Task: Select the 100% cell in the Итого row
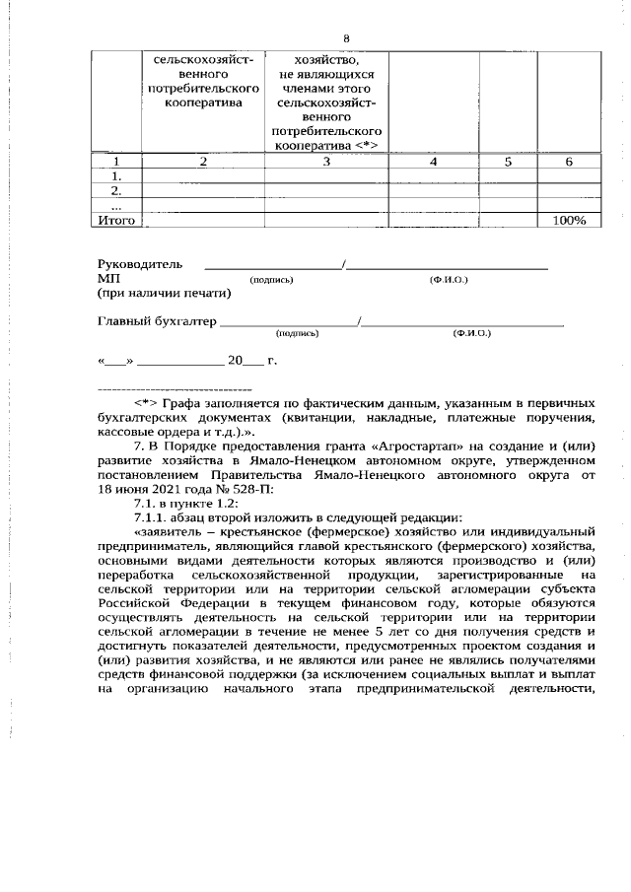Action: pos(569,221)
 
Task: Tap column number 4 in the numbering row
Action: pos(433,162)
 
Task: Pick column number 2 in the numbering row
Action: pos(203,162)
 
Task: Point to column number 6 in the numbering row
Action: pos(569,162)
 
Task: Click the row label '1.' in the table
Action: pos(116,176)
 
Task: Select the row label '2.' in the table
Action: pos(116,191)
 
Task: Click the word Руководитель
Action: pos(140,265)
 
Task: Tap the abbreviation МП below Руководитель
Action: pos(107,280)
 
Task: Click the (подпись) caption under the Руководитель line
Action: pos(272,281)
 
